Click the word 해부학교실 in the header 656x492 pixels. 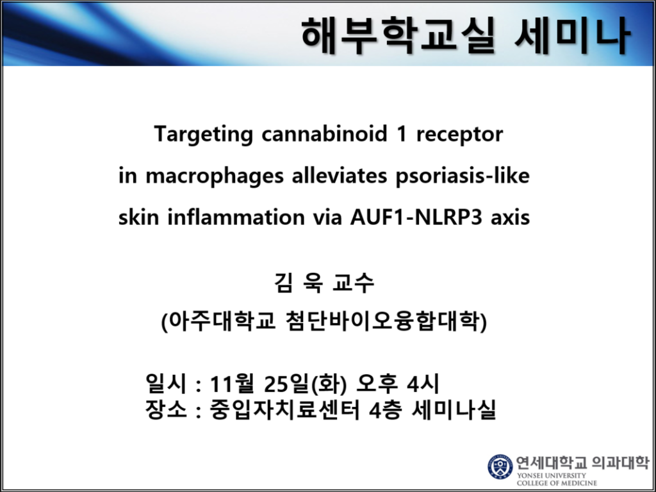(398, 36)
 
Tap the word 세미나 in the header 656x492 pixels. (572, 36)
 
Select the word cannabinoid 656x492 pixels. (324, 134)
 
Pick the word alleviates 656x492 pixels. (340, 176)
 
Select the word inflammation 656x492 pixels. (236, 218)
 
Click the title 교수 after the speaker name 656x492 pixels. (353, 283)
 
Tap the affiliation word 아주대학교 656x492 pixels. (218, 322)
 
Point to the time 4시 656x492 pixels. (423, 384)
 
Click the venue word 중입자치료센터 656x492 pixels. (285, 409)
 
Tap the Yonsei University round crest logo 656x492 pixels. (500, 466)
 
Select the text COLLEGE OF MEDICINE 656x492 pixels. (557, 483)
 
